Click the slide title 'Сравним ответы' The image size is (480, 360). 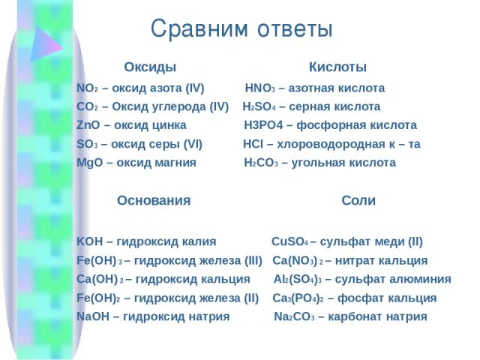(241, 28)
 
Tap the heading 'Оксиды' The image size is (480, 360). (150, 67)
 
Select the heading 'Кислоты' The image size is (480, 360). (337, 67)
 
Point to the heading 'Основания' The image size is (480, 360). (154, 200)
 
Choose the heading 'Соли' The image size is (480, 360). (358, 200)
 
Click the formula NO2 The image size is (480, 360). (87, 88)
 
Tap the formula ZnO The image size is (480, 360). (88, 125)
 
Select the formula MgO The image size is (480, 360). (90, 163)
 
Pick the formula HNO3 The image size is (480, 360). (260, 88)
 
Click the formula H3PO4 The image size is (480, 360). (263, 125)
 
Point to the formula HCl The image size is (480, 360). (253, 144)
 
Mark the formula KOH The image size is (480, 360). (90, 241)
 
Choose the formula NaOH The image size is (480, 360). (93, 316)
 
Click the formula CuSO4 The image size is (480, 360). (289, 241)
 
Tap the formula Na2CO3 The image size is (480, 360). (294, 316)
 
